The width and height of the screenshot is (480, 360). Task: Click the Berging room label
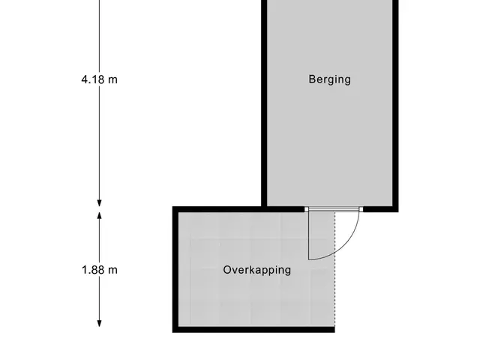tap(330, 79)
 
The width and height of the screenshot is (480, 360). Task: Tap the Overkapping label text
tap(256, 270)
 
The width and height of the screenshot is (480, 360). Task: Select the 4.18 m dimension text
tap(100, 79)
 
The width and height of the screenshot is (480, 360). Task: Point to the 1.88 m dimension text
tap(100, 270)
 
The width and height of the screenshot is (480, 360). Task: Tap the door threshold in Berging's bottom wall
tap(334, 209)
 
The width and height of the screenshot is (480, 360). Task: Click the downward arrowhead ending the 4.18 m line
tap(99, 203)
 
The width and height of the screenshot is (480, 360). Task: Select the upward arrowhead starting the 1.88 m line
tap(99, 216)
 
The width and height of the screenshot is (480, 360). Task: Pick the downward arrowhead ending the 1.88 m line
tap(99, 323)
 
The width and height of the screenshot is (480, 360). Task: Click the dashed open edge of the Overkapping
tap(334, 269)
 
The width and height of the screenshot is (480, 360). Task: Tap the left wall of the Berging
tap(264, 103)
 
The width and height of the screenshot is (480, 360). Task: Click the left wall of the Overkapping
tap(175, 269)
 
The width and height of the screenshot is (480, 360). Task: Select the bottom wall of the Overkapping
tap(253, 330)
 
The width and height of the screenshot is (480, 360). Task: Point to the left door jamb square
tap(307, 209)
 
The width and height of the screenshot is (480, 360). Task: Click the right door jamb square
tap(361, 209)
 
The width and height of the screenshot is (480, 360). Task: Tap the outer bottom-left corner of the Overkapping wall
tap(172, 332)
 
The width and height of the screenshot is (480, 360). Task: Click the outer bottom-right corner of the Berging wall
tap(398, 211)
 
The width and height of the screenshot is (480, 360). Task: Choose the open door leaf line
tap(308, 235)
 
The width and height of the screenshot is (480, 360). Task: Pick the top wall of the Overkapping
tap(238, 209)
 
